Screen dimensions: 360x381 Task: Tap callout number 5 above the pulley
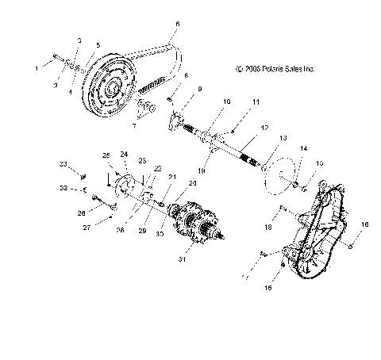coord(97,46)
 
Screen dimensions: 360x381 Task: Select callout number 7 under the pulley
coord(133,126)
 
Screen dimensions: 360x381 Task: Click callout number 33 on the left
coord(63,164)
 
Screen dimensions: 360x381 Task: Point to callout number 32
coord(63,190)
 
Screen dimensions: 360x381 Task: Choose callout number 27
coord(88,227)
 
